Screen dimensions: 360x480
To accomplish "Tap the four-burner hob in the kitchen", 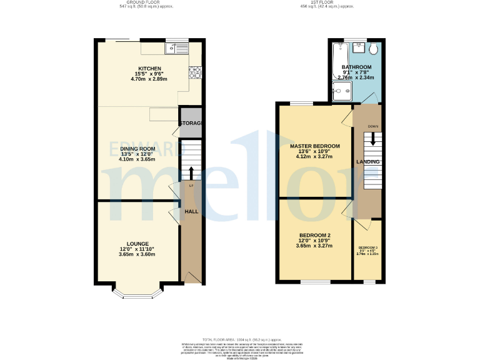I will point(194,72).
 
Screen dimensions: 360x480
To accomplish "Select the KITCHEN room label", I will point(150,69).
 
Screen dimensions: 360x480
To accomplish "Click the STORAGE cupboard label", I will point(191,123).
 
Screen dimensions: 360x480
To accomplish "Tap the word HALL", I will point(191,212).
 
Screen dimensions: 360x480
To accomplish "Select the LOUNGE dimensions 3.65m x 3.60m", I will point(137,254).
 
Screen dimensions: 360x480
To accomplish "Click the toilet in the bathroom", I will point(373,49).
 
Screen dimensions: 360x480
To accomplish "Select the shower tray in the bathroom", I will point(342,93).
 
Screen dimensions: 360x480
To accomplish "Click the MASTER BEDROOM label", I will point(315,146).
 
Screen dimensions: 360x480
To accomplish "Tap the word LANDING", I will point(368,162).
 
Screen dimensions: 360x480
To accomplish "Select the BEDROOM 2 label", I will point(314,235).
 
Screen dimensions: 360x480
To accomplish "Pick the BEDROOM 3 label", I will point(367,248).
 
